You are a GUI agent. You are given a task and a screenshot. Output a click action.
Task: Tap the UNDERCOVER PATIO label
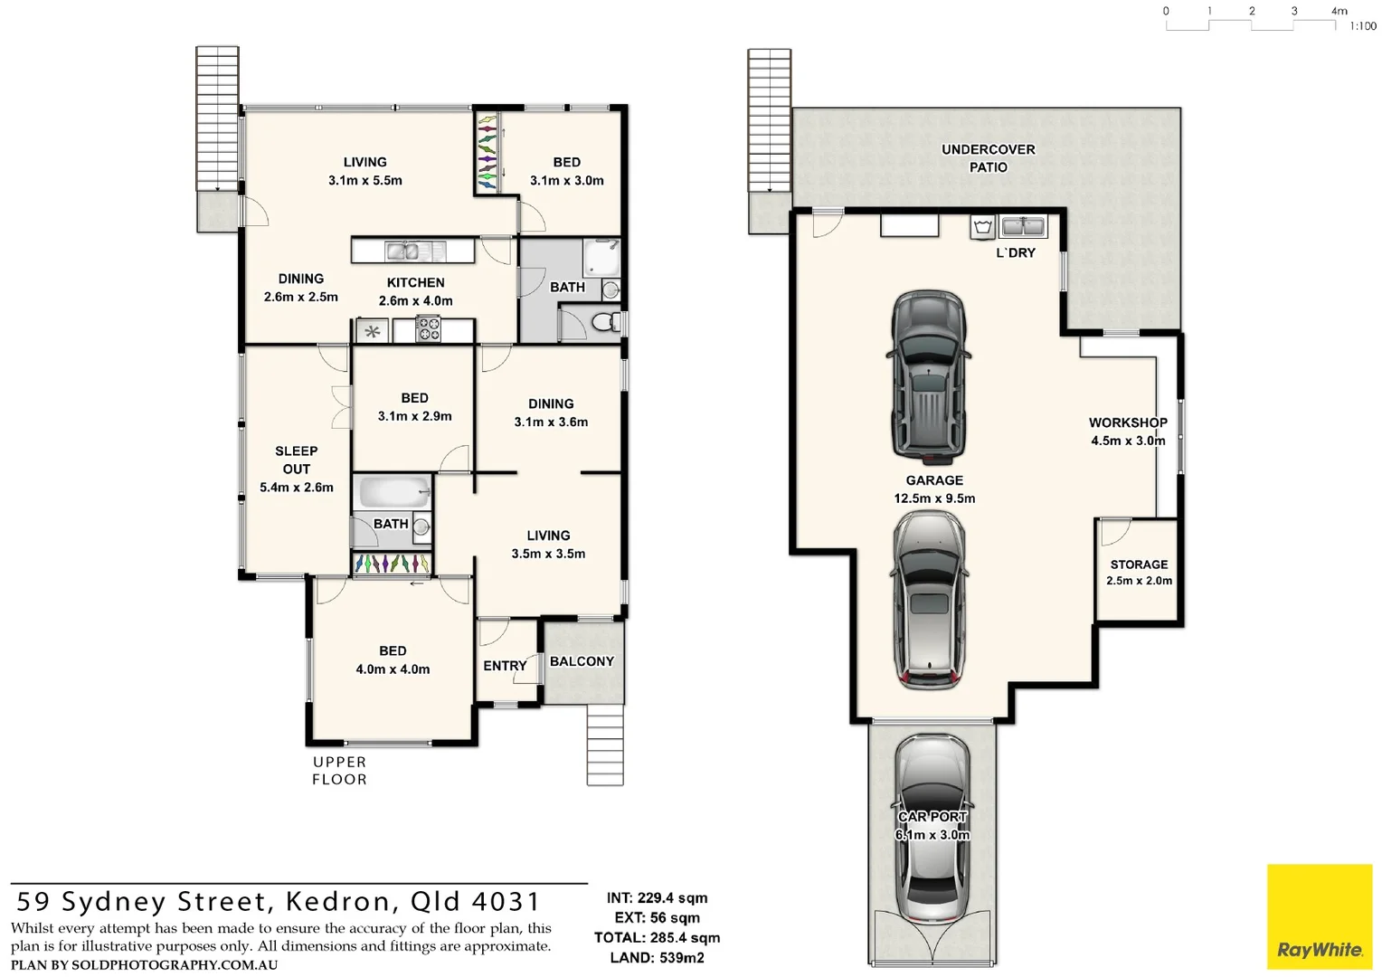click(x=988, y=158)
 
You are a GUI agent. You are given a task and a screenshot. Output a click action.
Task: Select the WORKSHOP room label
click(x=1128, y=422)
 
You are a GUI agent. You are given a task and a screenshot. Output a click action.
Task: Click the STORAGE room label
click(x=1139, y=564)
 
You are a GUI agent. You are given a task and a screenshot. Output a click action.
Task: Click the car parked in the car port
click(x=932, y=828)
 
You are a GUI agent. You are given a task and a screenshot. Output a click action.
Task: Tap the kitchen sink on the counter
click(x=402, y=251)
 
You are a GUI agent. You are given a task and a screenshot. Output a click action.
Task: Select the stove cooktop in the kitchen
click(x=428, y=329)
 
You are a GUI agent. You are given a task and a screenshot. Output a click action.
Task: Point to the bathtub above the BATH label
click(x=393, y=492)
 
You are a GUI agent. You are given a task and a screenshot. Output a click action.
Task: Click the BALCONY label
click(x=582, y=661)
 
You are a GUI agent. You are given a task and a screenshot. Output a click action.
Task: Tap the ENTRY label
click(x=505, y=666)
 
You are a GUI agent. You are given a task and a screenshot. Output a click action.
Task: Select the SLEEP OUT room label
click(x=297, y=460)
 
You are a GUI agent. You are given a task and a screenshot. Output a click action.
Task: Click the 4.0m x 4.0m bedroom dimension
click(x=393, y=669)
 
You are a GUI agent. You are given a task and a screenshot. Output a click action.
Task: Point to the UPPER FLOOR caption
click(x=339, y=771)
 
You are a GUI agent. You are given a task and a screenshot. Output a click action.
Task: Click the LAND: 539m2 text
click(x=657, y=958)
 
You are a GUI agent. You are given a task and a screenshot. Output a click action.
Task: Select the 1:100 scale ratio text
click(x=1362, y=26)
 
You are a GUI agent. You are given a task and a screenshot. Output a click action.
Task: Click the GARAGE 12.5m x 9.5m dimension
click(x=934, y=498)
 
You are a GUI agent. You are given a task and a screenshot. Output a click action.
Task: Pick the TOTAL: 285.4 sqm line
click(x=657, y=938)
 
